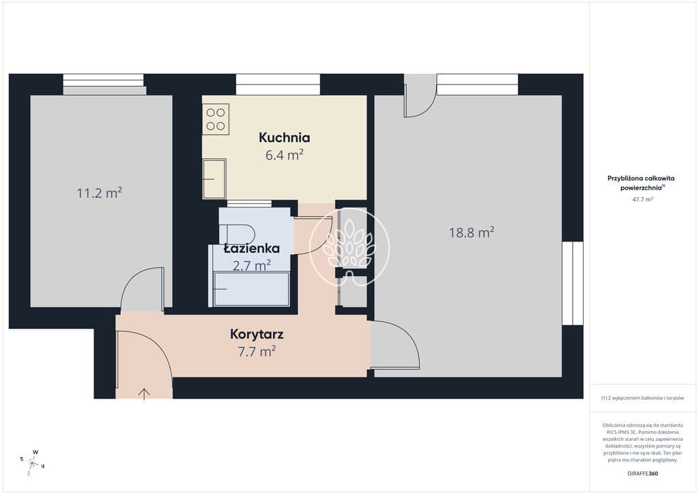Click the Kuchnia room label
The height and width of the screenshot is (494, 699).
(285, 138)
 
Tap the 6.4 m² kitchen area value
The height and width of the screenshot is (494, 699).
(285, 155)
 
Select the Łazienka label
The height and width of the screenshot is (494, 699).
(252, 248)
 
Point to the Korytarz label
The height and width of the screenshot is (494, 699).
(257, 334)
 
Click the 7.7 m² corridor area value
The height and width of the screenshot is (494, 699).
(257, 351)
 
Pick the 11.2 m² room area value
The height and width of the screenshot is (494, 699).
(100, 193)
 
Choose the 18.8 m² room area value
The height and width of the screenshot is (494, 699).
(472, 232)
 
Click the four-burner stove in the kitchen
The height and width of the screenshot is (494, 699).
(216, 119)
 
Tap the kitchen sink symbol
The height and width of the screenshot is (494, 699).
(214, 179)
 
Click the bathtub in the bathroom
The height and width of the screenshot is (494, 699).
(251, 289)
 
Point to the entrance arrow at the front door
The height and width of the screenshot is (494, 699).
(145, 394)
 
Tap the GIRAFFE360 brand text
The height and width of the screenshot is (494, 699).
(642, 474)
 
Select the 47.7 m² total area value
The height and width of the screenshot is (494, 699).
(642, 199)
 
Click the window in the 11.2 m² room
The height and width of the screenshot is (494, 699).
(104, 84)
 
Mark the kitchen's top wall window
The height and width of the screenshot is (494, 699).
(279, 84)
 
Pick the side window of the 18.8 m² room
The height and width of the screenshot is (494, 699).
(573, 283)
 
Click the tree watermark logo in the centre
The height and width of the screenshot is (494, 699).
(349, 248)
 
